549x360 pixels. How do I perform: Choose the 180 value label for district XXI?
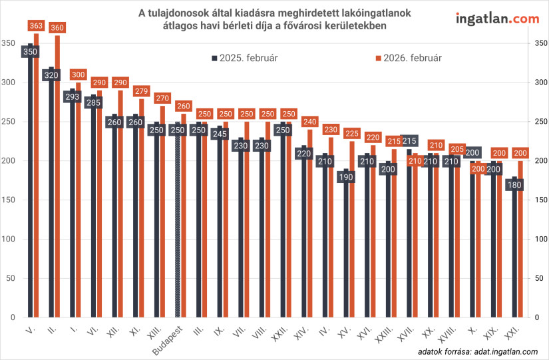514,184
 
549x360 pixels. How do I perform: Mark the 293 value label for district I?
71,96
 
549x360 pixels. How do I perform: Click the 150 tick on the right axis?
540,200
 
